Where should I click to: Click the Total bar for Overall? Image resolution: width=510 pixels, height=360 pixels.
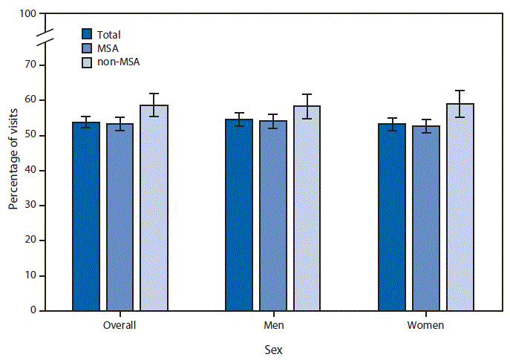click(86, 216)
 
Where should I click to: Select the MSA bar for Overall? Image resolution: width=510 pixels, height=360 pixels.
click(120, 217)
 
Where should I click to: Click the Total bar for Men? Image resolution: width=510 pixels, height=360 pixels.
click(239, 215)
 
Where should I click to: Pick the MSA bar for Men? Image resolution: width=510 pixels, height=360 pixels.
click(272, 215)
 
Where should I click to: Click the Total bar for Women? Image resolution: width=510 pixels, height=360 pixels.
click(392, 217)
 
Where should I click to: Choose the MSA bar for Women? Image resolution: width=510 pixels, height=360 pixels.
click(426, 217)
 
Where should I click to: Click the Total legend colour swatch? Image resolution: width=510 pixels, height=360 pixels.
click(87, 34)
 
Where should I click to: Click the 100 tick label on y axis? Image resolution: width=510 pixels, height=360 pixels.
click(28, 14)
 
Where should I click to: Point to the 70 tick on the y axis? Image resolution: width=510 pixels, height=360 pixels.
click(43, 65)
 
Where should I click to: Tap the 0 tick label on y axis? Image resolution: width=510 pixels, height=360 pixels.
click(34, 311)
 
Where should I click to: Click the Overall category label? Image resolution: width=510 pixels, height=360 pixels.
click(120, 325)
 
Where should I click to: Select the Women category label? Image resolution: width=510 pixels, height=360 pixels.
click(426, 325)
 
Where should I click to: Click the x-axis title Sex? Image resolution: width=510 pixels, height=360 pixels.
click(272, 348)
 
